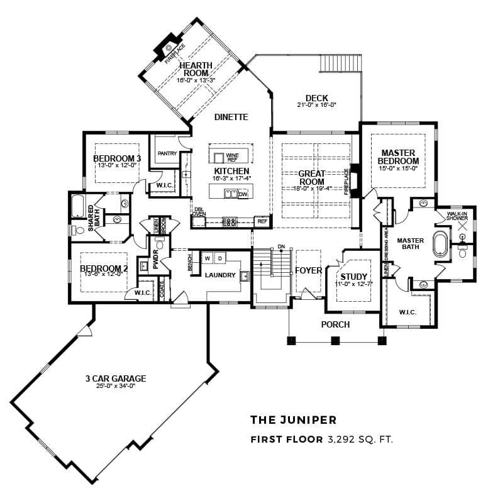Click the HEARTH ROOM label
pyautogui.click(x=196, y=69)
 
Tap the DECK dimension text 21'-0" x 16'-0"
pyautogui.click(x=316, y=105)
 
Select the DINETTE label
pyautogui.click(x=231, y=117)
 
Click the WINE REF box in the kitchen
pyautogui.click(x=233, y=157)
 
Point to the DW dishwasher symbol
pyautogui.click(x=243, y=194)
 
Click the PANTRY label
pyautogui.click(x=167, y=153)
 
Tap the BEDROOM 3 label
pyautogui.click(x=117, y=158)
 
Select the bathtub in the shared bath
pyautogui.click(x=79, y=206)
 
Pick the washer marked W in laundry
pyautogui.click(x=206, y=258)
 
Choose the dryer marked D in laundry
pyautogui.click(x=220, y=258)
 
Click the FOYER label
pyautogui.click(x=308, y=270)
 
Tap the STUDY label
pyautogui.click(x=354, y=277)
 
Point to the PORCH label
pyautogui.click(x=335, y=324)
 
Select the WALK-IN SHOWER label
pyautogui.click(x=457, y=216)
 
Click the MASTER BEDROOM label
pyautogui.click(x=397, y=157)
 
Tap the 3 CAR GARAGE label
pyautogui.click(x=116, y=379)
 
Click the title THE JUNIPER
pyautogui.click(x=293, y=419)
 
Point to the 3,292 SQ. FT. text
pyautogui.click(x=360, y=439)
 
